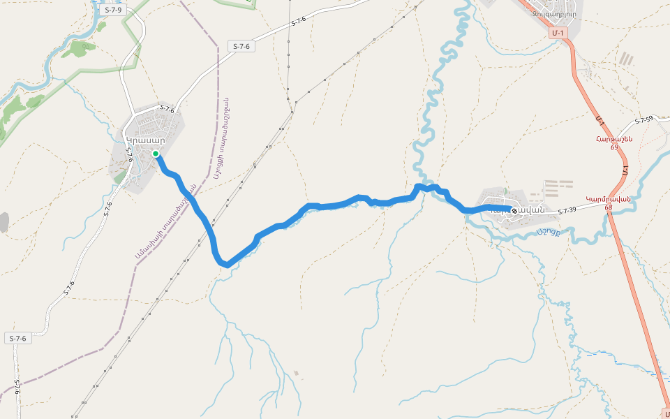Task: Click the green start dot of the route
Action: pos(156,154)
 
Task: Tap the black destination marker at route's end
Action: pos(514,210)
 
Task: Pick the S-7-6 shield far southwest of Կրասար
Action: pos(18,338)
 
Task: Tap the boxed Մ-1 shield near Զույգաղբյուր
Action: pos(557,33)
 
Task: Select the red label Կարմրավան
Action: pos(608,198)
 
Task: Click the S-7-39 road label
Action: pos(566,210)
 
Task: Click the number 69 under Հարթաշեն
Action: pos(614,147)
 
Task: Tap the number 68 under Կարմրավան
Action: pos(609,207)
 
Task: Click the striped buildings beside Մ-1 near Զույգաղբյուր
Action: pos(626,60)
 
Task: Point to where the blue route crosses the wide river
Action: pos(428,188)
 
